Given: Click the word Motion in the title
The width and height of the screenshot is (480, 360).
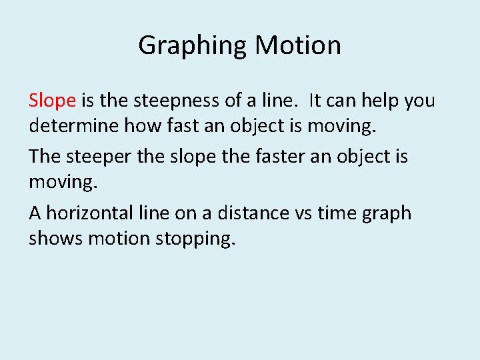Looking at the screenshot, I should coord(298,45).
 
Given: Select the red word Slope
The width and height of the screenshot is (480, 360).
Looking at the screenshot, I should coord(52,101).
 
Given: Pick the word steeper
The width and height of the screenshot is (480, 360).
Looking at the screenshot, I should coord(97,157).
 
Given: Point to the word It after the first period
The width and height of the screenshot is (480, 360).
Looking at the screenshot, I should coord(316,101).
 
